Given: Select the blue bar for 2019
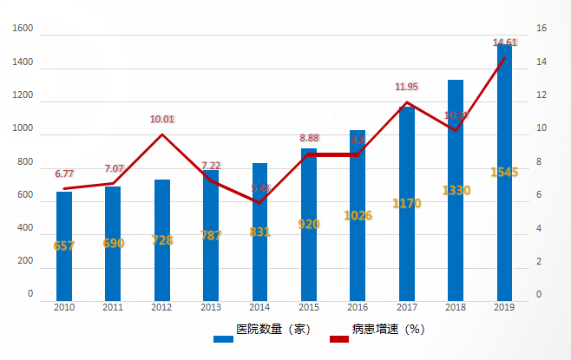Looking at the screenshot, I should coord(504,173).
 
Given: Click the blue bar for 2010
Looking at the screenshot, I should coord(64,246).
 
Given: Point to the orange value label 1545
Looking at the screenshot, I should coord(504,172).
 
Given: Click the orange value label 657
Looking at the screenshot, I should coord(64,245).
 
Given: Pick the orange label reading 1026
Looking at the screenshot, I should coord(358,215).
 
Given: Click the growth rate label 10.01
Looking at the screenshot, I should coord(162,120).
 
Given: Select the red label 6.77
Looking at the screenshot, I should coord(64,173).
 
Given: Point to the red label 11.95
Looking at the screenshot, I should coord(407,87).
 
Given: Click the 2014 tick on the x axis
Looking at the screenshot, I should coord(259,307).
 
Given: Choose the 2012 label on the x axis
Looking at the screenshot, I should coord(162,307).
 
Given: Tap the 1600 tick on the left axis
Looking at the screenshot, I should coord(23,29).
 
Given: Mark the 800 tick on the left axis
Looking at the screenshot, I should coord(26,162).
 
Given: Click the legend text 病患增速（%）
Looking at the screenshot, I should coord(387,330).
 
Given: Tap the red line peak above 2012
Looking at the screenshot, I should coord(162,134).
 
